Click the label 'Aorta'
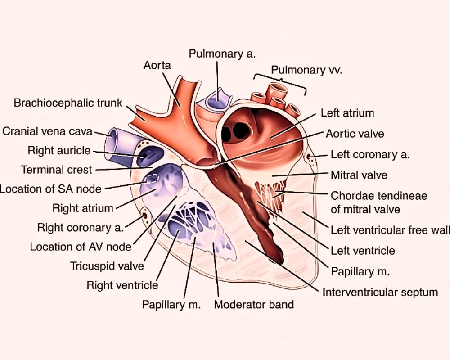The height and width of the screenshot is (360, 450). click(157, 65)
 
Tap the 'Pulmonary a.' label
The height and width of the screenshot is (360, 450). click(222, 54)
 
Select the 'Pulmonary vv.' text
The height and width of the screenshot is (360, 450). click(306, 70)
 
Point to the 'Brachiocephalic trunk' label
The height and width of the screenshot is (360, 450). click(68, 103)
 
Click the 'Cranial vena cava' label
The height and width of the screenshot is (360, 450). click(47, 131)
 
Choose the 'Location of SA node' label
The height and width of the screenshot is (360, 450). click(50, 189)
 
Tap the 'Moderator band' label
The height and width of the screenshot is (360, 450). click(254, 304)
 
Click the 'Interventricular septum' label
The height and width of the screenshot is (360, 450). click(380, 292)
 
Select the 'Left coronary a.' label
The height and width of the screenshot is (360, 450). click(370, 154)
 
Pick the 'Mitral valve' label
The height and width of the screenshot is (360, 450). click(359, 175)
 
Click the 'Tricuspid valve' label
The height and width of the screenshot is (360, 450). click(107, 265)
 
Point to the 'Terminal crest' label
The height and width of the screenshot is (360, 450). click(56, 170)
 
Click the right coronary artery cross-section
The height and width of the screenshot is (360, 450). click(145, 215)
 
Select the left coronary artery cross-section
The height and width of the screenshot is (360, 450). click(310, 157)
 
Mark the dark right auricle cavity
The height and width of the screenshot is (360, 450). click(149, 155)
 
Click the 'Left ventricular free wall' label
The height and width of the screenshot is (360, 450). click(390, 230)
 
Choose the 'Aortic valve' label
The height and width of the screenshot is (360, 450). click(355, 134)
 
